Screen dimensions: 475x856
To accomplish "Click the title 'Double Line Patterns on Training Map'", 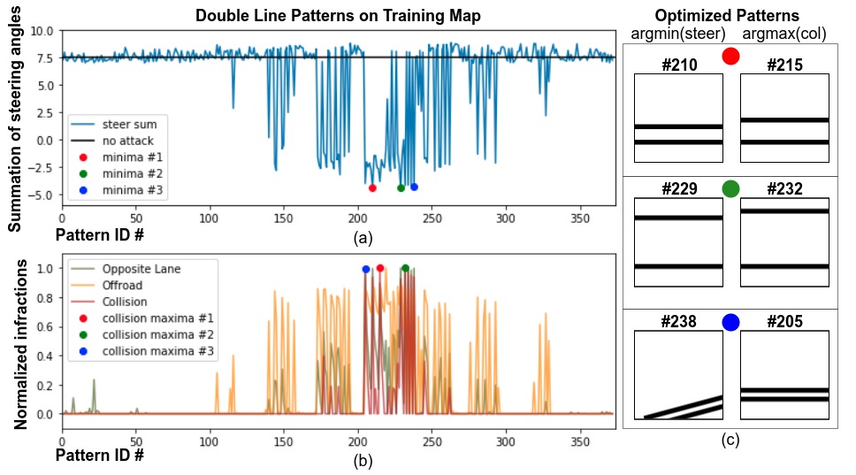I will point(337,16).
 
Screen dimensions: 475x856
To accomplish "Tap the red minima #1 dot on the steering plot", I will point(372,188).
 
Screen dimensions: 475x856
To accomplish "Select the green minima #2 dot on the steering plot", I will point(401,188).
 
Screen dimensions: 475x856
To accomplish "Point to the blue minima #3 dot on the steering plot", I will point(414,187).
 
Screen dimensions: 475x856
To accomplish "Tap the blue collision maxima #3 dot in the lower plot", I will point(365,269).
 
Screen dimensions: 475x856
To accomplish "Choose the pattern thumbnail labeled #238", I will point(679,375).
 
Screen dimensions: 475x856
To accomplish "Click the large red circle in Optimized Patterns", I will point(730,57).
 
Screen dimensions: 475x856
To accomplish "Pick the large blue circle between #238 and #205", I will point(730,322).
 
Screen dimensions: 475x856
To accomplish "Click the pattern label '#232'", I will point(784,189).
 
